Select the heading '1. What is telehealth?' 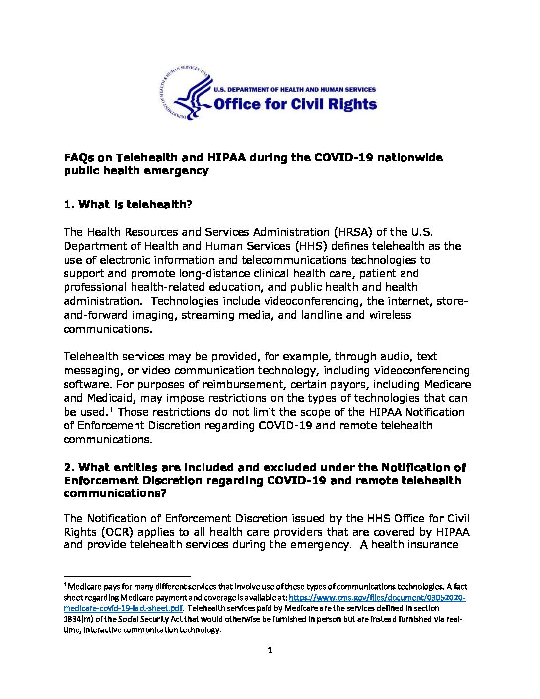pos(128,204)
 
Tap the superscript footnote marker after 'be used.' pos(112,409)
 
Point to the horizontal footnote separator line pos(127,576)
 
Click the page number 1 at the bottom pos(270,650)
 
